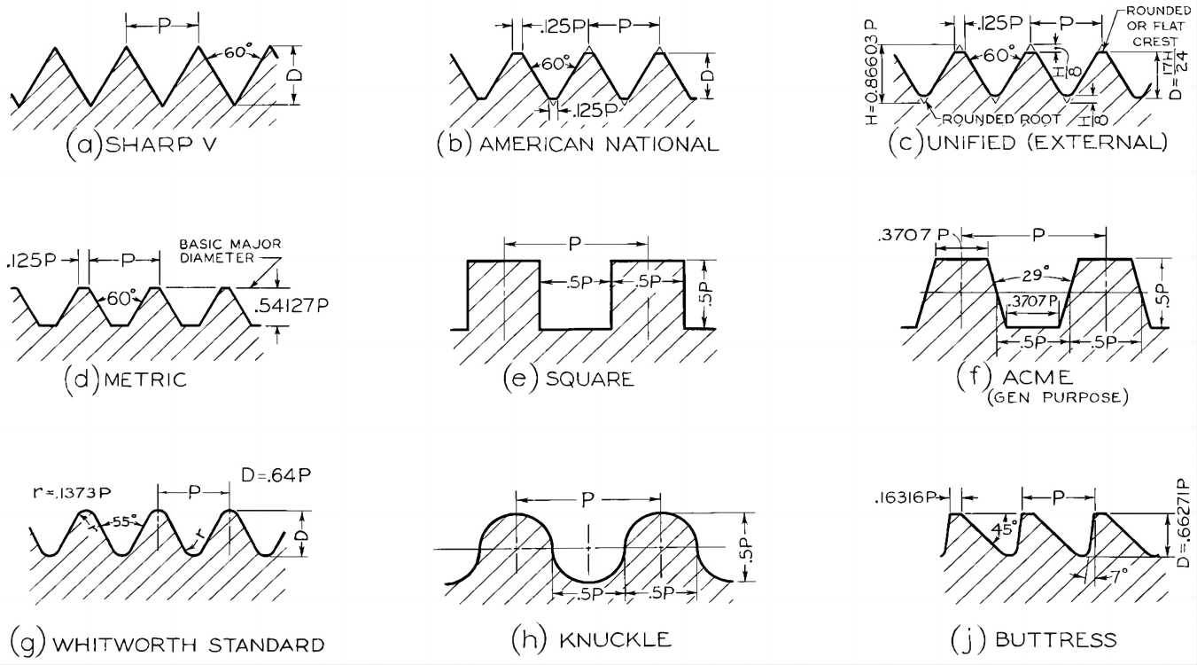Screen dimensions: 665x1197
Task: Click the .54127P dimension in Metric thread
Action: (291, 307)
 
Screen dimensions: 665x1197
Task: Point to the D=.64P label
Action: (276, 478)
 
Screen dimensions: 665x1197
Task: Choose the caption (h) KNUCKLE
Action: (591, 638)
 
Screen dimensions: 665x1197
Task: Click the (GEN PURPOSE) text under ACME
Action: (1057, 397)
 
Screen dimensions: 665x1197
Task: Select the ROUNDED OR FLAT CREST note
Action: (1152, 26)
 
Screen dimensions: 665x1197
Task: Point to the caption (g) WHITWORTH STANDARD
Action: (167, 641)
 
